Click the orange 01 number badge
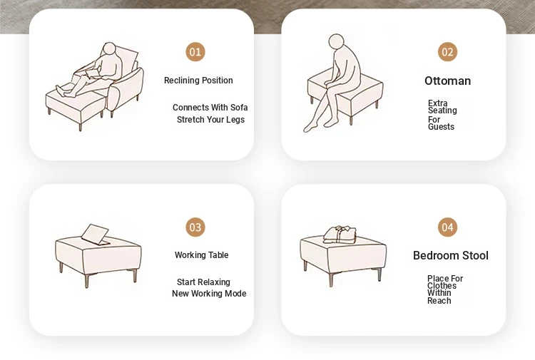(195, 52)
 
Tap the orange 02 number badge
(447, 52)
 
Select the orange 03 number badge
(195, 227)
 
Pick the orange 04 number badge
(447, 227)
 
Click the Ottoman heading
(448, 81)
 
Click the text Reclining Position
(198, 81)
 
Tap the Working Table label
(202, 255)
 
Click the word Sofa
(239, 108)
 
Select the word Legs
(235, 120)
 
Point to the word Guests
(441, 127)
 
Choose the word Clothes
(442, 286)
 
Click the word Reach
(439, 301)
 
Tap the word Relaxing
(214, 282)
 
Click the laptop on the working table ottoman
(96, 235)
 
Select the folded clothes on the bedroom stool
(340, 235)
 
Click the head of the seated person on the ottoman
(336, 42)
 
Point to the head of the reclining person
(109, 48)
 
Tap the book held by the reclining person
(93, 73)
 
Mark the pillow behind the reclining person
(128, 58)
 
